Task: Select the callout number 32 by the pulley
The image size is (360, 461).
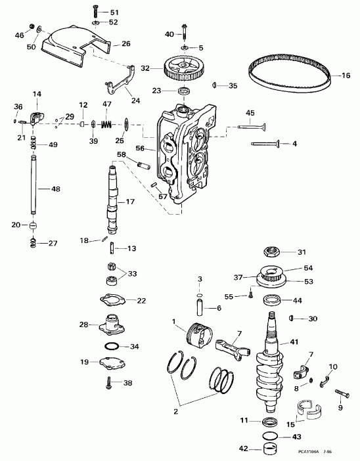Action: [145, 68]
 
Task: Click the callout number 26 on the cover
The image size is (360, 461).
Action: [125, 44]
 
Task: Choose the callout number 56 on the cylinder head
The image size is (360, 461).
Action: [140, 148]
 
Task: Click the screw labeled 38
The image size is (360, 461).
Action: [108, 382]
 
